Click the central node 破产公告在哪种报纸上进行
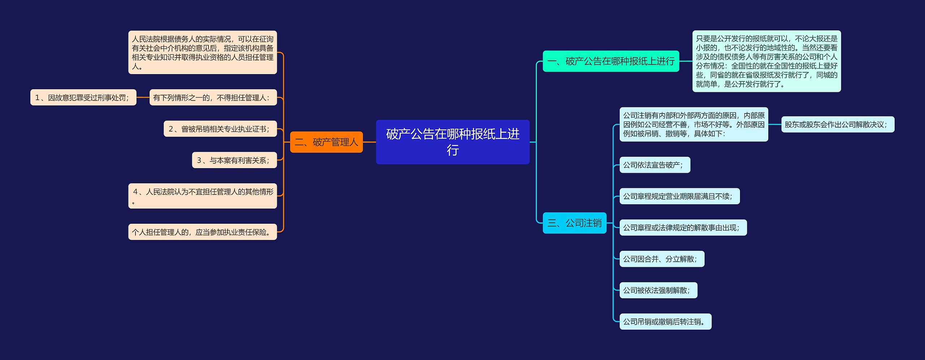(x=452, y=142)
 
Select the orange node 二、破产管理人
(x=326, y=142)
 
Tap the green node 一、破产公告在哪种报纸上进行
(x=611, y=61)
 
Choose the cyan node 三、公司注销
(x=574, y=223)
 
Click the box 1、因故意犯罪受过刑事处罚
(x=83, y=98)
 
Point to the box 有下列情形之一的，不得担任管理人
(x=213, y=98)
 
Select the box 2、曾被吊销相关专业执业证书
(x=220, y=129)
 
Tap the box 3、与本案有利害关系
(x=234, y=160)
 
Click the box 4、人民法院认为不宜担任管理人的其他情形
(x=202, y=196)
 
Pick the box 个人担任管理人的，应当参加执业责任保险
(x=202, y=232)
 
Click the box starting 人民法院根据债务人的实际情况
(x=202, y=52)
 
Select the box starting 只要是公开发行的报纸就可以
(x=766, y=61)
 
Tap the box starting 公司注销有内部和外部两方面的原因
(x=693, y=124)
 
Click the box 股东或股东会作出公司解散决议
(x=838, y=124)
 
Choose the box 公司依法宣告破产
(x=654, y=165)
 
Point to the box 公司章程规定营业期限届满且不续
(x=679, y=196)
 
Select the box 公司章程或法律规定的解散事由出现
(x=683, y=228)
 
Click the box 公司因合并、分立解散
(x=662, y=259)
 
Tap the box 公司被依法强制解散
(x=658, y=290)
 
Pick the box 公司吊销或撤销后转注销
(x=665, y=322)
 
